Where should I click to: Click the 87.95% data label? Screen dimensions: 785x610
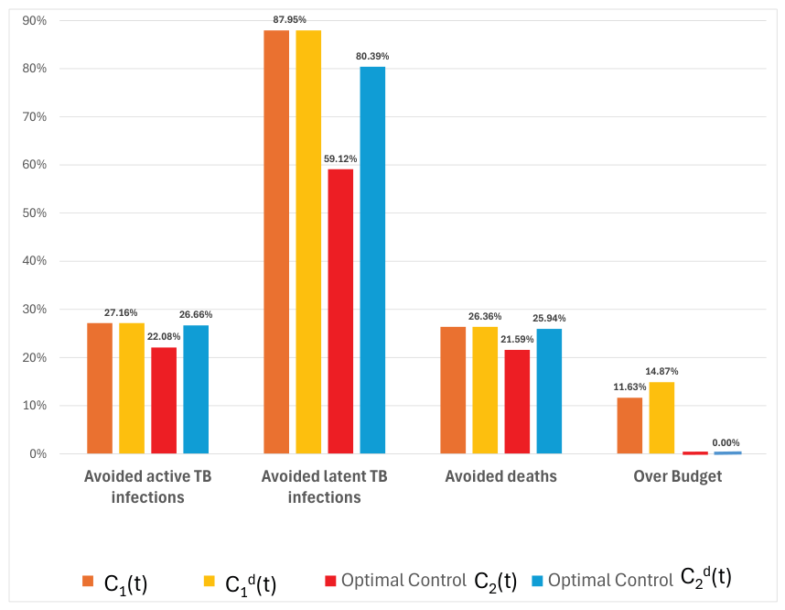click(x=289, y=19)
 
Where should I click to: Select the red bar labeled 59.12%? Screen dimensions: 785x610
click(x=340, y=311)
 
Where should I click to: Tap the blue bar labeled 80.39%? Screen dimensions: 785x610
click(x=372, y=260)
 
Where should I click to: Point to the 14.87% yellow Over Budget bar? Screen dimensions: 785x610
click(x=661, y=418)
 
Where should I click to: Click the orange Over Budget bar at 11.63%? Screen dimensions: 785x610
click(x=629, y=426)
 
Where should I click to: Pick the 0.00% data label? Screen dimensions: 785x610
click(x=726, y=442)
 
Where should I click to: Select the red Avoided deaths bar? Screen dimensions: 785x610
click(x=517, y=401)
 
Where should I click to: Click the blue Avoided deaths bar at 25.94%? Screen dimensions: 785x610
click(x=549, y=391)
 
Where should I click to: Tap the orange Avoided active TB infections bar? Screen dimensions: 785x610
click(x=100, y=388)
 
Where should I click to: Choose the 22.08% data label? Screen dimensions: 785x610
click(x=164, y=336)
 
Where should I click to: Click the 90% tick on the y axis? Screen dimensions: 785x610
click(x=35, y=20)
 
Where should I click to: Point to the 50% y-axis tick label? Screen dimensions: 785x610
click(x=35, y=213)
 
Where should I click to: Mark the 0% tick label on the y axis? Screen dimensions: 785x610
click(x=38, y=453)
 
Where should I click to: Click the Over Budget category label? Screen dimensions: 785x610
click(x=678, y=476)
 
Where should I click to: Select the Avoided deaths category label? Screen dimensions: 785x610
click(x=501, y=476)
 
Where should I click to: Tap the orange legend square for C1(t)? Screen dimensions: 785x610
click(x=88, y=581)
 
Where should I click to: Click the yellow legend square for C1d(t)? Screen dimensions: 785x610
click(x=210, y=581)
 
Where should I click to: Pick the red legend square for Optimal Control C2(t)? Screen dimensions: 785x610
click(x=330, y=581)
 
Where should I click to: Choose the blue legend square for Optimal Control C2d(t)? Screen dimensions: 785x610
click(x=537, y=581)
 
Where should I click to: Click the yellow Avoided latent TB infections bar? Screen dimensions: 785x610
click(x=308, y=242)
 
